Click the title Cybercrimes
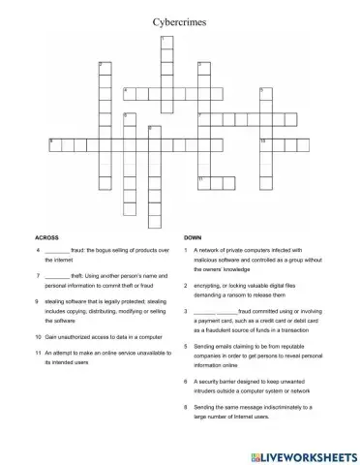click(179, 18)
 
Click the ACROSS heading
click(47, 236)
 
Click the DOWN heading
click(192, 236)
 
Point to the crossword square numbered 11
click(203, 181)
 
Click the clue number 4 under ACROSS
click(36, 250)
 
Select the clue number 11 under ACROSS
click(37, 353)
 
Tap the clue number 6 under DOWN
click(185, 382)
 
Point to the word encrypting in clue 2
click(210, 286)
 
